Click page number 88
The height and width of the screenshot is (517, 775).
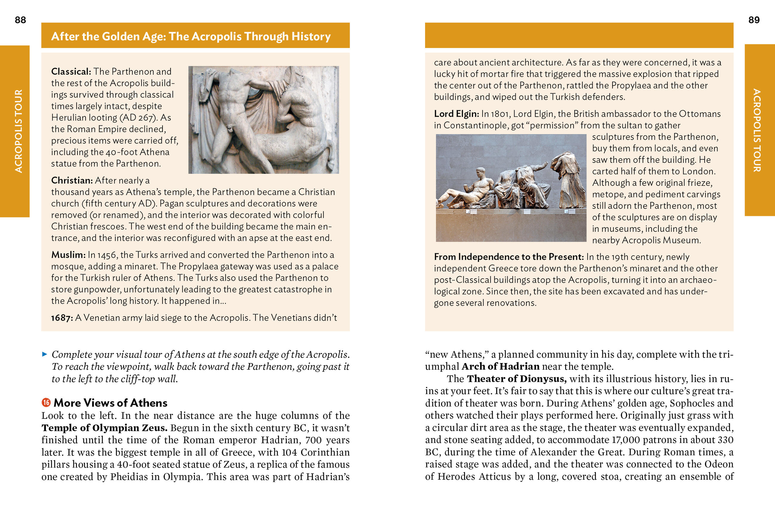(20, 20)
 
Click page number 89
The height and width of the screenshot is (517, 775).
(754, 20)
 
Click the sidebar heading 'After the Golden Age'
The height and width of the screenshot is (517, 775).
(191, 36)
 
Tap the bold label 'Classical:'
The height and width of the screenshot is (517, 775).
(71, 72)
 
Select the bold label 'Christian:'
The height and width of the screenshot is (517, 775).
(72, 180)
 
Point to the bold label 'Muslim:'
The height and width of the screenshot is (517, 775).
(68, 255)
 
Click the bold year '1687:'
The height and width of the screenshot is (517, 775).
(62, 318)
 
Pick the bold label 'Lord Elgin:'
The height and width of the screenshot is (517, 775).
(456, 114)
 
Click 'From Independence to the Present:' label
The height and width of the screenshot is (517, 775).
(509, 257)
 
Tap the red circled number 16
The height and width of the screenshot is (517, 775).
(46, 402)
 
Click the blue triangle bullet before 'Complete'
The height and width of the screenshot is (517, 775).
(45, 354)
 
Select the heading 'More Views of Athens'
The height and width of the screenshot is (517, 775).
(110, 403)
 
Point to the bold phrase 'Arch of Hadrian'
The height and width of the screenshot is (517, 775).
(500, 367)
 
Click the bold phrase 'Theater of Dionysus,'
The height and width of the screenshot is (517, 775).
(517, 379)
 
